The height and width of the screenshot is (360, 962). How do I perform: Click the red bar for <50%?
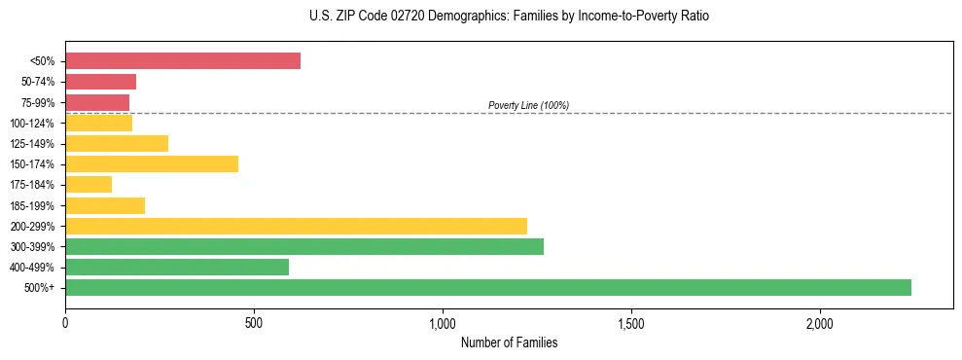(x=183, y=61)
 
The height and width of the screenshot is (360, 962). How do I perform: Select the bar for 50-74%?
(x=100, y=82)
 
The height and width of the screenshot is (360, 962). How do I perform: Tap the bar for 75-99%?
(x=97, y=102)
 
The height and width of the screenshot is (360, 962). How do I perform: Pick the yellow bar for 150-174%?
(x=152, y=164)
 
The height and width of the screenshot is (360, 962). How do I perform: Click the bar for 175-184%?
(x=89, y=185)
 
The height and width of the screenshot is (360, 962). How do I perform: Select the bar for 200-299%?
(x=296, y=226)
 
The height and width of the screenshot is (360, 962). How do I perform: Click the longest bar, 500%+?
(x=488, y=287)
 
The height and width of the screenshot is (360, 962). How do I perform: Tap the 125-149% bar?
(x=117, y=144)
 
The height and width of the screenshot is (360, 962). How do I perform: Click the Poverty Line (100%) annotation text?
(x=528, y=105)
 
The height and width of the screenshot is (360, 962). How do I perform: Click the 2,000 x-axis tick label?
(x=820, y=322)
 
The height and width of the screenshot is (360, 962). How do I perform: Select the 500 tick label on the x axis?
(x=254, y=322)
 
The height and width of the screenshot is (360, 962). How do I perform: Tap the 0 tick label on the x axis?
(x=65, y=322)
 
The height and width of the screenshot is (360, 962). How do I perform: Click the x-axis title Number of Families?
(x=509, y=343)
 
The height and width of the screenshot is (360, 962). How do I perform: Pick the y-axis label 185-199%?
(x=32, y=205)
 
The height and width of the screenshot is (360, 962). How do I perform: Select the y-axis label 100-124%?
(x=32, y=124)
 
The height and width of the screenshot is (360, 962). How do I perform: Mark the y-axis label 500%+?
(x=39, y=288)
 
